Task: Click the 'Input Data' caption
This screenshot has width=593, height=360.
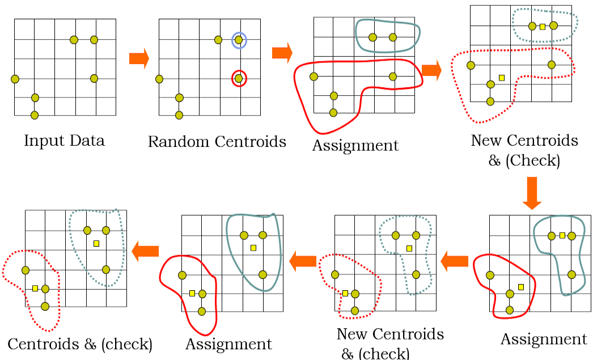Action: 64,141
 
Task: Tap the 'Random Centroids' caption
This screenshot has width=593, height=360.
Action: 217,142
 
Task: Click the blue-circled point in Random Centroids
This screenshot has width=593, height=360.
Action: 239,40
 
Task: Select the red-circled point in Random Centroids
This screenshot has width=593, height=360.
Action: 239,78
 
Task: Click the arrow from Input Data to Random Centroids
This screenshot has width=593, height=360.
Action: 139,58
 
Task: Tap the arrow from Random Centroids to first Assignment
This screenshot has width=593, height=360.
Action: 282,53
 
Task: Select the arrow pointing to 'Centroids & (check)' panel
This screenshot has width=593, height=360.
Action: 145,251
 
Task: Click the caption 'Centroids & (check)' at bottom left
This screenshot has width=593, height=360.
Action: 80,344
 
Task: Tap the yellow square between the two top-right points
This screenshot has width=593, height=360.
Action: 543,26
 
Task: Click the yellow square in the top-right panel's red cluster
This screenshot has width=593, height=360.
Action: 501,78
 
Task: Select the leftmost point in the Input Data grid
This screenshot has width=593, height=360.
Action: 15,78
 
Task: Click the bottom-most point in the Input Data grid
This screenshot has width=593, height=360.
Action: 35,115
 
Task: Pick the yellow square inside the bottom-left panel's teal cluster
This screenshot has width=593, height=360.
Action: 96,243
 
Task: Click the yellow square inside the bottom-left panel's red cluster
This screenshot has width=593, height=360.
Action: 35,288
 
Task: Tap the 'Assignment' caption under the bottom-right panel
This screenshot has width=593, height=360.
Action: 544,339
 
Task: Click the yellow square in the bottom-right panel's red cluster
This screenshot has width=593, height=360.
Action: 520,286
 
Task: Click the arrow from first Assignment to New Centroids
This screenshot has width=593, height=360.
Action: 431,70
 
